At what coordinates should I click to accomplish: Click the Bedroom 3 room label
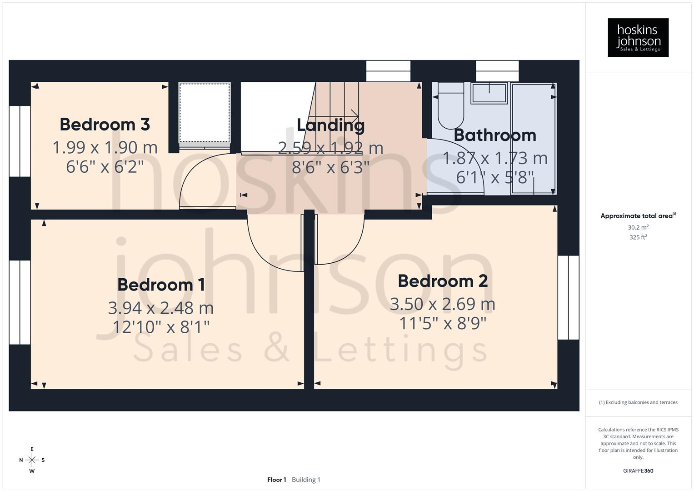coord(105,125)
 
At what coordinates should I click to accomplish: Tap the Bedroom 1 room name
coord(161,285)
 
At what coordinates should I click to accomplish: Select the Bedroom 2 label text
coord(443,281)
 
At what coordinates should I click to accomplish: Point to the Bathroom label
coord(494,135)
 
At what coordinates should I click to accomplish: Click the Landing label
coord(330,125)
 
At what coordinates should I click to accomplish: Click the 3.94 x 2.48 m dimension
coord(161,308)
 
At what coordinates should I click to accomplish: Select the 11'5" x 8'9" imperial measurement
coord(443,324)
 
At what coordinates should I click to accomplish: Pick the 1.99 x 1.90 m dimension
coord(105,147)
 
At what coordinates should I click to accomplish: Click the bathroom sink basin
coord(489,93)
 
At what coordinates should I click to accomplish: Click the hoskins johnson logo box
coord(638,37)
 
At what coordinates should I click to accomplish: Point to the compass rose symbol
coord(32,460)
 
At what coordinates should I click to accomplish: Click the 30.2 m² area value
coord(638,227)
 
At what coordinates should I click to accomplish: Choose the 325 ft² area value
coord(638,237)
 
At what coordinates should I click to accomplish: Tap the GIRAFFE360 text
coord(638,471)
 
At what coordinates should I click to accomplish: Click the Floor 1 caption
coord(276,480)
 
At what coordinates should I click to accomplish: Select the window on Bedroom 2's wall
coord(568,298)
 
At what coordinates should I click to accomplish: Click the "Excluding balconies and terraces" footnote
coord(638,402)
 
